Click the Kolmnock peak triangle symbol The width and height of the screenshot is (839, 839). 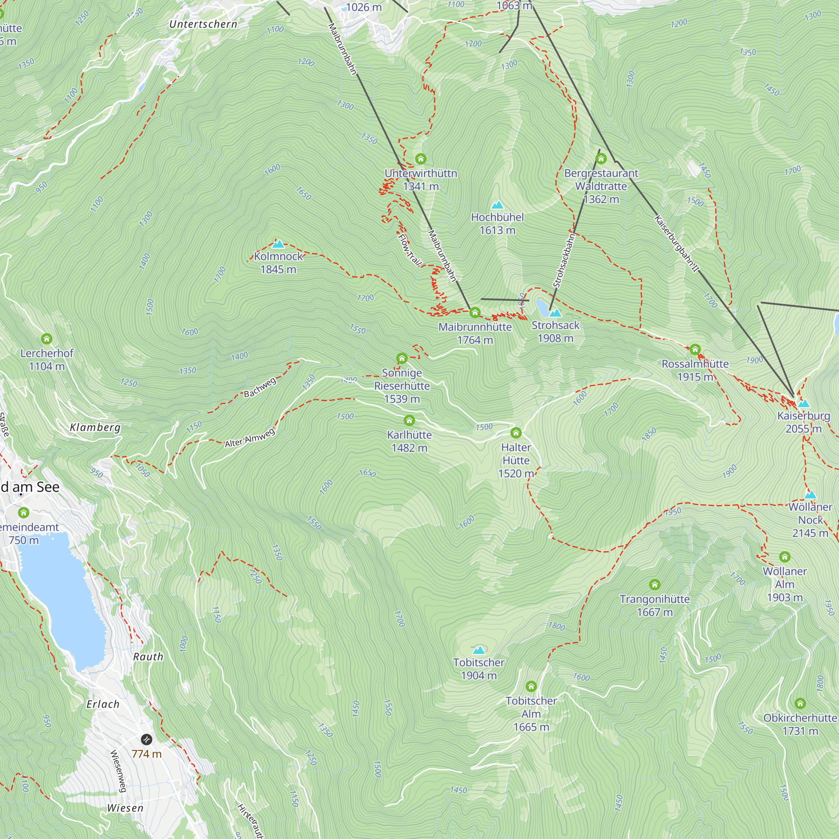tap(278, 244)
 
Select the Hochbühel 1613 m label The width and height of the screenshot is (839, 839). tap(497, 224)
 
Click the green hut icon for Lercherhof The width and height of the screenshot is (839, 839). tap(47, 338)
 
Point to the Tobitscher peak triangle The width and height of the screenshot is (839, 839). tap(479, 650)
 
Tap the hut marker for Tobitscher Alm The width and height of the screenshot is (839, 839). tap(531, 687)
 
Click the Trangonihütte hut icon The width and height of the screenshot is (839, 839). tap(654, 585)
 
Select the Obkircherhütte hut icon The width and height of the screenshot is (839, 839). tap(800, 704)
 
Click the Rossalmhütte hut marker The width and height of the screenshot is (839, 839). tap(695, 349)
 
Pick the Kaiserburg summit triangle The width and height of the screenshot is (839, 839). tap(803, 404)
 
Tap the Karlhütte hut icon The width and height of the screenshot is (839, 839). tap(409, 420)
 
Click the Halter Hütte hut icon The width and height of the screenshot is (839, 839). tap(516, 433)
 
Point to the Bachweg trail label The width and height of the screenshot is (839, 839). tap(260, 387)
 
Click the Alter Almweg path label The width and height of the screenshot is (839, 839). tap(250, 438)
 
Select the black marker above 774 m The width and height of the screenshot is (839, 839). tap(147, 739)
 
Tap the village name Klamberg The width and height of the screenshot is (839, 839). tap(95, 427)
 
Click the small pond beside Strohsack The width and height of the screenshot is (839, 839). tap(542, 307)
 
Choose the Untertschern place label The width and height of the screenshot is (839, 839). tap(203, 24)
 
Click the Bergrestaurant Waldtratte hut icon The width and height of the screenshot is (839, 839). tap(601, 159)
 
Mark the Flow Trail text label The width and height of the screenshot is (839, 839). tap(409, 250)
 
